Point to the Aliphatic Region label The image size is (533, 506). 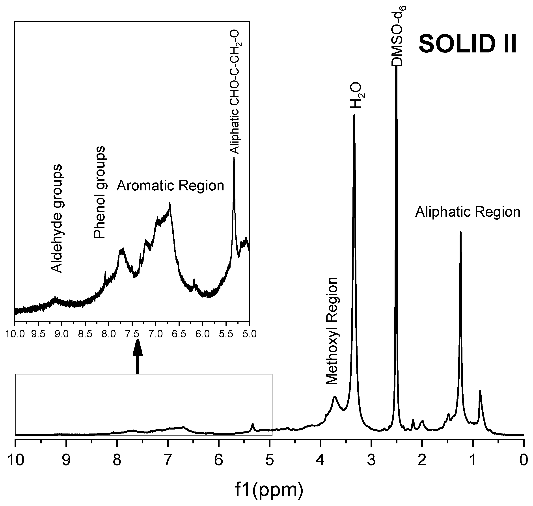[x=468, y=212]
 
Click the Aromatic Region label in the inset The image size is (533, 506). [x=170, y=186]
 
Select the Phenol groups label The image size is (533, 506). [x=99, y=192]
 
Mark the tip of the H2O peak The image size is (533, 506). [x=354, y=115]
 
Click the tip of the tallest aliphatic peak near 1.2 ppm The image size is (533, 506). [x=460, y=232]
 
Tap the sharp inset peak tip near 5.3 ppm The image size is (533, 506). [x=234, y=158]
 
